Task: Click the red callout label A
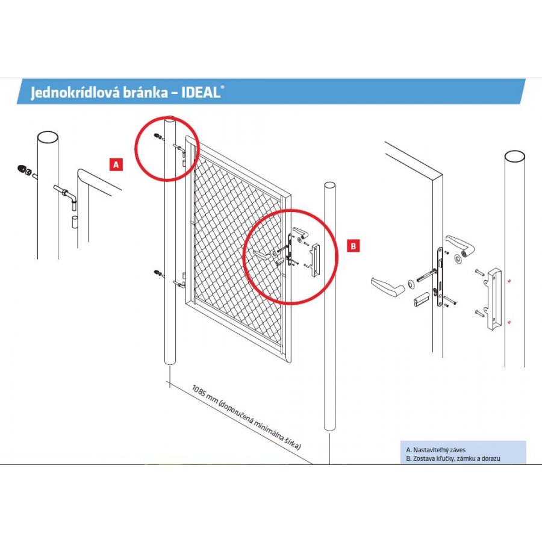coord(116,163)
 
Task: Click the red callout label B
coord(354,245)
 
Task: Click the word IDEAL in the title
coord(201,93)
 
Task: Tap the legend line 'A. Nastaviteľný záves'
coord(437,450)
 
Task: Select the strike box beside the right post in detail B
coord(495,298)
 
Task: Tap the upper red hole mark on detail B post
coord(509,281)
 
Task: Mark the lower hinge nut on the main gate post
coord(157,275)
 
